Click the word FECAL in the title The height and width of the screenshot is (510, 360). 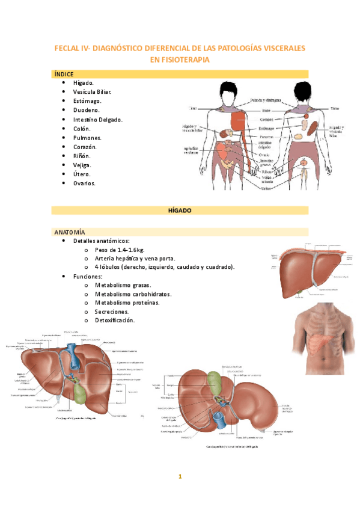point(67,48)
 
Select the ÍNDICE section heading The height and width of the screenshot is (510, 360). point(64,73)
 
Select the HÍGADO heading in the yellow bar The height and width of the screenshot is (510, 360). point(179,210)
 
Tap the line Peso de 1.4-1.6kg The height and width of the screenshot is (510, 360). point(120,250)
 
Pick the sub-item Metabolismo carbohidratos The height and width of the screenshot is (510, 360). point(132,294)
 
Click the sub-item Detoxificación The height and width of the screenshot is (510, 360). point(115,321)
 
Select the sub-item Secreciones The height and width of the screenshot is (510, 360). point(111,312)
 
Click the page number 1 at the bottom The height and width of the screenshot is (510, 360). point(180,477)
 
